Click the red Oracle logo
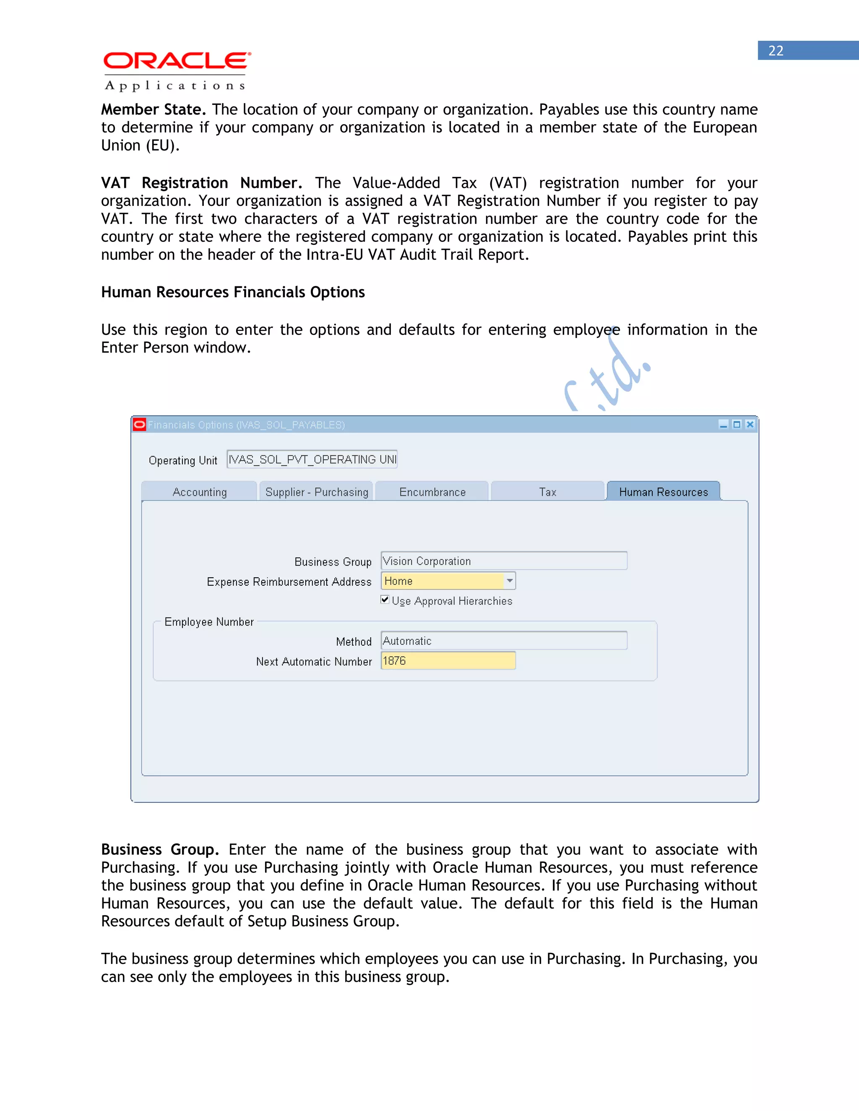tap(177, 61)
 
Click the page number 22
tap(776, 51)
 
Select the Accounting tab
tap(200, 492)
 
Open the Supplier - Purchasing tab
tap(317, 492)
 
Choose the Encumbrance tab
tap(432, 492)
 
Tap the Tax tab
tap(547, 492)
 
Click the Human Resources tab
tap(663, 492)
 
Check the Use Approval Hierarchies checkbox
tap(385, 600)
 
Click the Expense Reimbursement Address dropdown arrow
tap(509, 581)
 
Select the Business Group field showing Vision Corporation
tap(503, 561)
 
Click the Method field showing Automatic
tap(503, 641)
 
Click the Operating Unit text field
tap(312, 459)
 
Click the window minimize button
tap(723, 425)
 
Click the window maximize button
tap(737, 425)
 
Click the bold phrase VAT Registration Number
tap(201, 183)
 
